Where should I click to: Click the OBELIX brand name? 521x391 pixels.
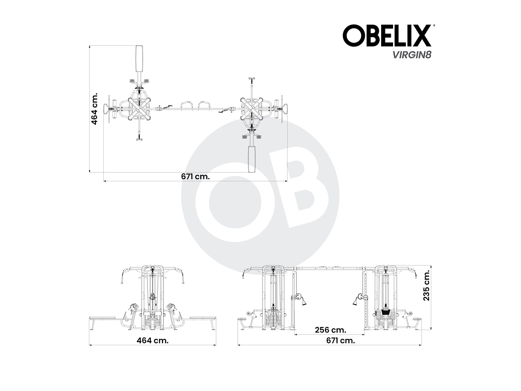click(387, 36)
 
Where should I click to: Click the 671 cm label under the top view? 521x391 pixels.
click(195, 177)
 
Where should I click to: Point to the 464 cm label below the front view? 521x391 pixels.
click(153, 340)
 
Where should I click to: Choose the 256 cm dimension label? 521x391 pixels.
click(330, 330)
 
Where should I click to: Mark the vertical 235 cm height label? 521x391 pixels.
click(426, 285)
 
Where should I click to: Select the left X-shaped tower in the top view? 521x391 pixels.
click(139, 109)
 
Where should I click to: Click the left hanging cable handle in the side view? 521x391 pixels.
click(301, 299)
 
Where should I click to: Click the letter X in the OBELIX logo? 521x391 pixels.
click(421, 36)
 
